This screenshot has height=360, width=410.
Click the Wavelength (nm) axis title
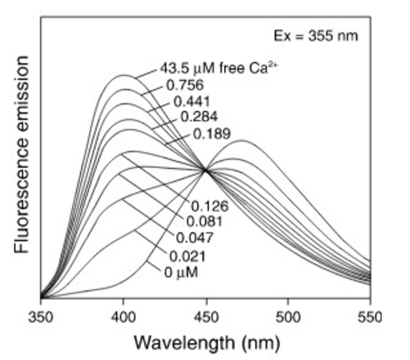[207, 342]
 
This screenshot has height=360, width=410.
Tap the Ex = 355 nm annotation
[316, 36]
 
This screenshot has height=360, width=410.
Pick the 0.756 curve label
[185, 85]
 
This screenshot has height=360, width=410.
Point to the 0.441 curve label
[192, 102]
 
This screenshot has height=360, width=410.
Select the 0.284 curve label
[199, 117]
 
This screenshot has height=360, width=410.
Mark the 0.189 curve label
[212, 134]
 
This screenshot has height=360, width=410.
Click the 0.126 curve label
[210, 206]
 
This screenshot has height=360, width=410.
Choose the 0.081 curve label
[204, 222]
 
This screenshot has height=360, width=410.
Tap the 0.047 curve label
[195, 238]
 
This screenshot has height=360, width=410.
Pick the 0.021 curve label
[187, 257]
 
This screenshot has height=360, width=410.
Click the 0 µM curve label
[181, 272]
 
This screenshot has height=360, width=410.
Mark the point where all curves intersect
[206, 170]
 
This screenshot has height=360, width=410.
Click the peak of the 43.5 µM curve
[124, 75]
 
